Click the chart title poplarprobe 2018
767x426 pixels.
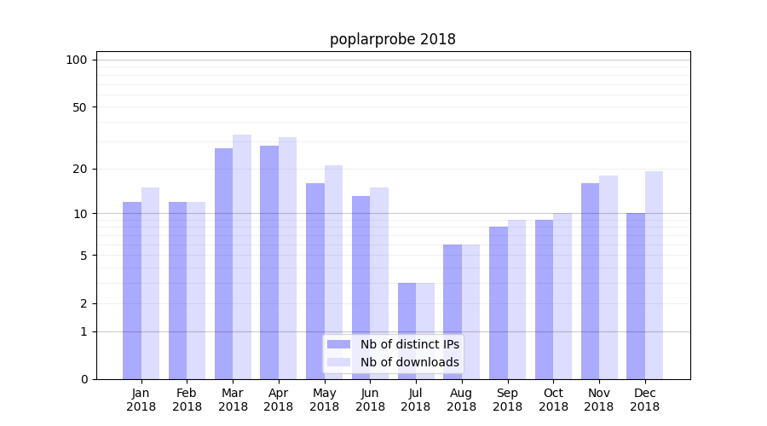393,40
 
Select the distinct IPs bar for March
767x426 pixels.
224,263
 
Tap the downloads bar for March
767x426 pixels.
242,256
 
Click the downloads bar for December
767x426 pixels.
654,275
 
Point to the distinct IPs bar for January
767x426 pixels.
132,291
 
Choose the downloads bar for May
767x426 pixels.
333,272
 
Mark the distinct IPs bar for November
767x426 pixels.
590,281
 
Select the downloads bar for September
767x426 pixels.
516,299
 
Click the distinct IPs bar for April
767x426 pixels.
269,262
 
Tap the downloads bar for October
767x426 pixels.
562,296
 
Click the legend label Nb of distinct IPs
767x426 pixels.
409,344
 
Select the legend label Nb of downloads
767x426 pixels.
409,362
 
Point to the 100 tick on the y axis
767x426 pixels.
77,60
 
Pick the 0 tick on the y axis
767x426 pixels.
84,379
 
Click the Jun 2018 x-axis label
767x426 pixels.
370,400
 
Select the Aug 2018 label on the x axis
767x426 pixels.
461,400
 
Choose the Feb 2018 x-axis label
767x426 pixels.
187,400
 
